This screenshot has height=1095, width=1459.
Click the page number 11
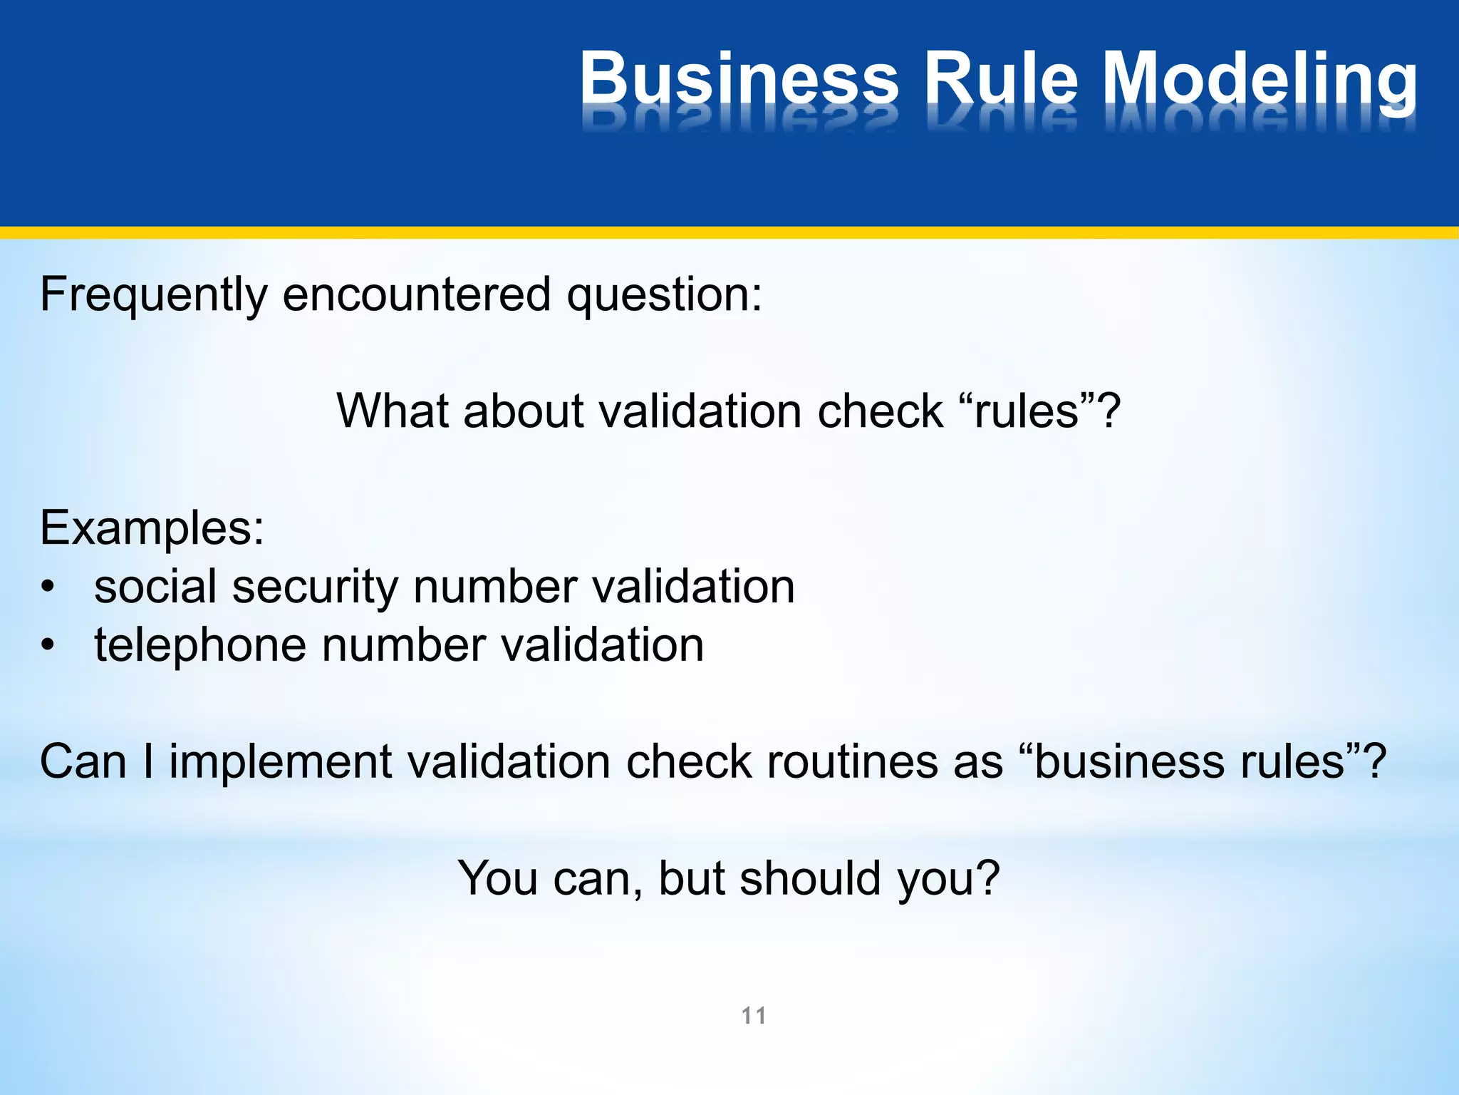754,1015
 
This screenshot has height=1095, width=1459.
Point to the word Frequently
152,295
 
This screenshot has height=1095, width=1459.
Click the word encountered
417,294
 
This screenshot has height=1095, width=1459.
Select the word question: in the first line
664,295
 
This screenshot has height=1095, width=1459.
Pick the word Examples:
152,529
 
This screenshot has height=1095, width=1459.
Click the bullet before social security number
48,587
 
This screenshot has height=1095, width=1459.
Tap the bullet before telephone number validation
48,646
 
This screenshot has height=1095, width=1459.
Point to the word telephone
200,646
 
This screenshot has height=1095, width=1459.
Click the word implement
280,762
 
